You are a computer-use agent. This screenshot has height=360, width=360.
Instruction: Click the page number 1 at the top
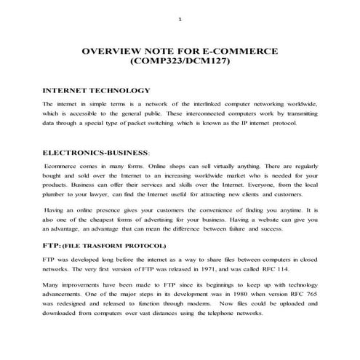180,20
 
